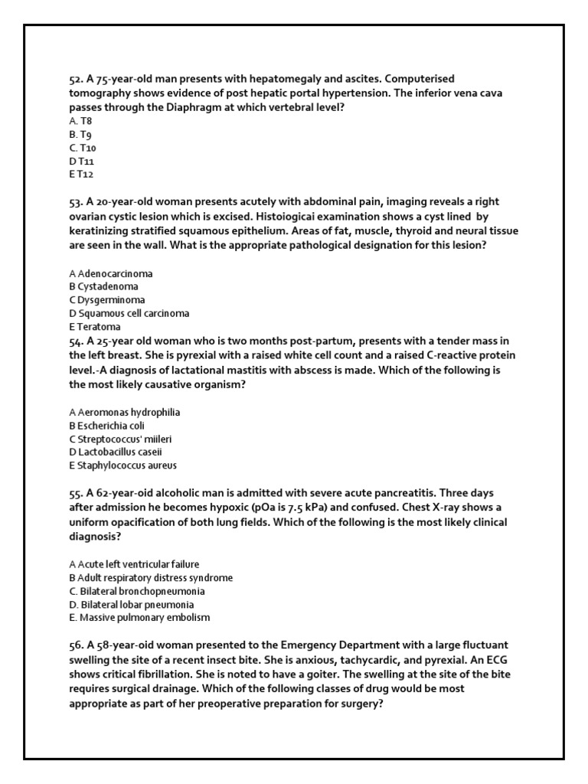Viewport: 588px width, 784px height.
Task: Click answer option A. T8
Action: [x=80, y=121]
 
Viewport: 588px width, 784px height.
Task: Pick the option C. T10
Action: [x=83, y=148]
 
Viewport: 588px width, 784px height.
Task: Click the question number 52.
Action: [x=76, y=80]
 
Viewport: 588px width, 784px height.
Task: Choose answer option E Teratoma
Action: [x=94, y=327]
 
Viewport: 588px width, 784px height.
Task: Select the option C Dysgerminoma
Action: [x=106, y=300]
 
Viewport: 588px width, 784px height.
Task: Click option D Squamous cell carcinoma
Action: [x=129, y=313]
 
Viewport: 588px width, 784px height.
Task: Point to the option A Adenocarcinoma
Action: [x=110, y=273]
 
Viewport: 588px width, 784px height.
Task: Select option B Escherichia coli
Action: [x=106, y=426]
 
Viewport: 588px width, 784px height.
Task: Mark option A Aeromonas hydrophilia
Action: [x=124, y=412]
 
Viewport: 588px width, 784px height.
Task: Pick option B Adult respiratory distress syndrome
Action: [x=151, y=578]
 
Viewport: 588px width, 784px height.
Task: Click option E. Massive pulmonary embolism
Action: [x=139, y=618]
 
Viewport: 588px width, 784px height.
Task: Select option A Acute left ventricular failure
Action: [x=134, y=564]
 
